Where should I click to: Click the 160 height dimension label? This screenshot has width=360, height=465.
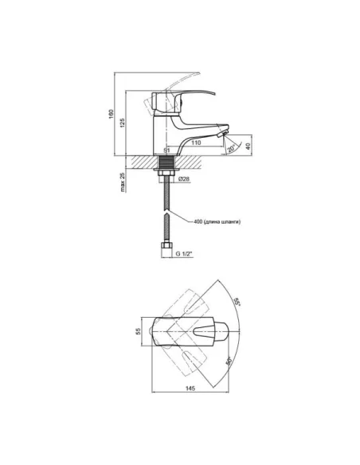click(x=111, y=114)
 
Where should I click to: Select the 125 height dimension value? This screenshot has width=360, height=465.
click(x=122, y=123)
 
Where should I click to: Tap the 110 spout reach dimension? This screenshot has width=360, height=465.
click(x=196, y=143)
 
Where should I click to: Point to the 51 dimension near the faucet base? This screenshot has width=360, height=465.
click(x=167, y=150)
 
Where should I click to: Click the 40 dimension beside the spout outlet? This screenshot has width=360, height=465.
click(x=248, y=147)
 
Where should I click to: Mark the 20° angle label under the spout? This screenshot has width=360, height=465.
click(x=231, y=148)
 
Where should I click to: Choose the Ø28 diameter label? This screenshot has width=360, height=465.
click(x=184, y=179)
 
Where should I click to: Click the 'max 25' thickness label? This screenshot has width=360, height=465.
click(x=123, y=182)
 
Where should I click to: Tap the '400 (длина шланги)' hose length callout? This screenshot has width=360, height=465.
click(x=217, y=221)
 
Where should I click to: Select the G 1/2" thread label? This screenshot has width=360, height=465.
click(x=185, y=253)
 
